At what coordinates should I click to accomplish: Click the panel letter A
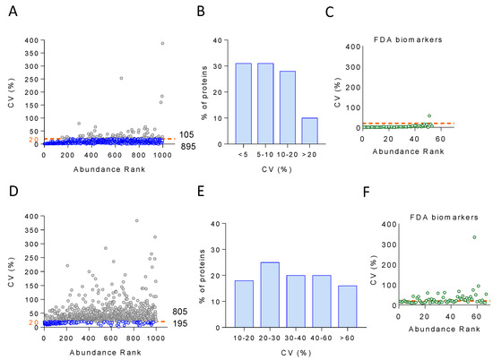tap(13, 12)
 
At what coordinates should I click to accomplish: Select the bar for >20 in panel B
tap(310, 131)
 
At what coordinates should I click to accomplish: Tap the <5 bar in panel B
tap(243, 104)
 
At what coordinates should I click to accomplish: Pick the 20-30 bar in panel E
tap(270, 295)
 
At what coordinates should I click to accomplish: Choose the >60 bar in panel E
tap(348, 306)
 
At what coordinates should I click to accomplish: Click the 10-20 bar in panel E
tap(244, 304)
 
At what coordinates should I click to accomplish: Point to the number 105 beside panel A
tap(186, 134)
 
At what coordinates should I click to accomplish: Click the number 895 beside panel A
tap(188, 146)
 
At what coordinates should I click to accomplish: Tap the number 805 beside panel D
tap(179, 312)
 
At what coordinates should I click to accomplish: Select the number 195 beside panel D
tap(180, 323)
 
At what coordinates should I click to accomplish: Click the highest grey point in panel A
tap(162, 43)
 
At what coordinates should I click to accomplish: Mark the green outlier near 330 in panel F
tap(474, 237)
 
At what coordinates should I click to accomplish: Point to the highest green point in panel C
tap(429, 116)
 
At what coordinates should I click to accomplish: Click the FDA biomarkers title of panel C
tap(408, 39)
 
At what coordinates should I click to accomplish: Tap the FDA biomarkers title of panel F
tap(444, 217)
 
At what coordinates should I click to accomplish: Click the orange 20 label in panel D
tap(34, 322)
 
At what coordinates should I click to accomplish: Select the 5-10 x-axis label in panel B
tap(265, 154)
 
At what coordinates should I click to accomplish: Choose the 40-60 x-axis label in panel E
tap(321, 338)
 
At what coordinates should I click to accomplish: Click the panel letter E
tap(201, 191)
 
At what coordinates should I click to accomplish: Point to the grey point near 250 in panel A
tap(121, 78)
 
